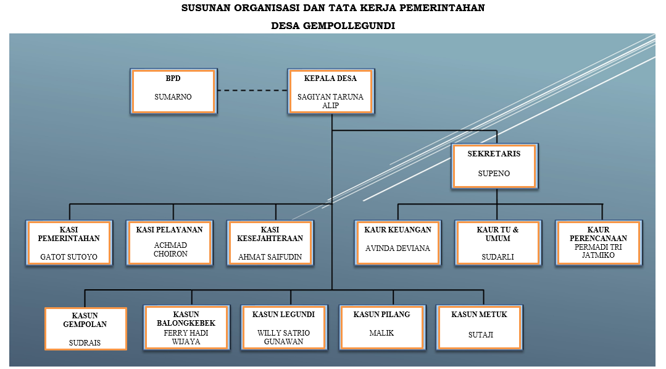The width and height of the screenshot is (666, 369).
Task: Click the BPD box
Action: (x=173, y=91)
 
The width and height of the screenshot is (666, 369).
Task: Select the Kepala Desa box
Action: (x=330, y=91)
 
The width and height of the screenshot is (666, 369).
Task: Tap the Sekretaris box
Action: (x=494, y=166)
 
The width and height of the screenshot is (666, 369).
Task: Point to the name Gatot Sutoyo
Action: (x=69, y=257)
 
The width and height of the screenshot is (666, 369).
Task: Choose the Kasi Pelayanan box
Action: (x=169, y=243)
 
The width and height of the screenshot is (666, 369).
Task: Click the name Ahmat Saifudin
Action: (x=270, y=257)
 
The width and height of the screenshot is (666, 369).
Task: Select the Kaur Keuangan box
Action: (x=398, y=242)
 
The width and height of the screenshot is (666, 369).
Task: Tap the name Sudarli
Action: (x=497, y=257)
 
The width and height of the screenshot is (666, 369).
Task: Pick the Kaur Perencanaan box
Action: (x=598, y=242)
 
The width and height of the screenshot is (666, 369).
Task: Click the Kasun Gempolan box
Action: (x=85, y=328)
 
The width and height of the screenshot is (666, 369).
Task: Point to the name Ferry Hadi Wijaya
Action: (x=181, y=337)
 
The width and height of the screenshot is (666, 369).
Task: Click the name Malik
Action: (x=380, y=333)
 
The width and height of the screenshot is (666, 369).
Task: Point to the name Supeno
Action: (x=494, y=174)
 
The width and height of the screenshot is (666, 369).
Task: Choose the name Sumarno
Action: (x=173, y=97)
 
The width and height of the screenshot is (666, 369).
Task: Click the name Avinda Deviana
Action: (x=398, y=248)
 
